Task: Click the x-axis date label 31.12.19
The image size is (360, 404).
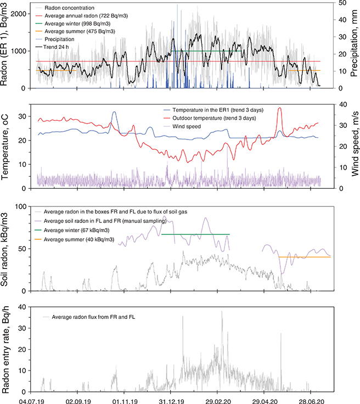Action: click(171, 400)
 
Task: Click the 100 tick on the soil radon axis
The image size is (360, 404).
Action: click(24, 206)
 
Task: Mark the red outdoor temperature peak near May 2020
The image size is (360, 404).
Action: click(280, 108)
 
